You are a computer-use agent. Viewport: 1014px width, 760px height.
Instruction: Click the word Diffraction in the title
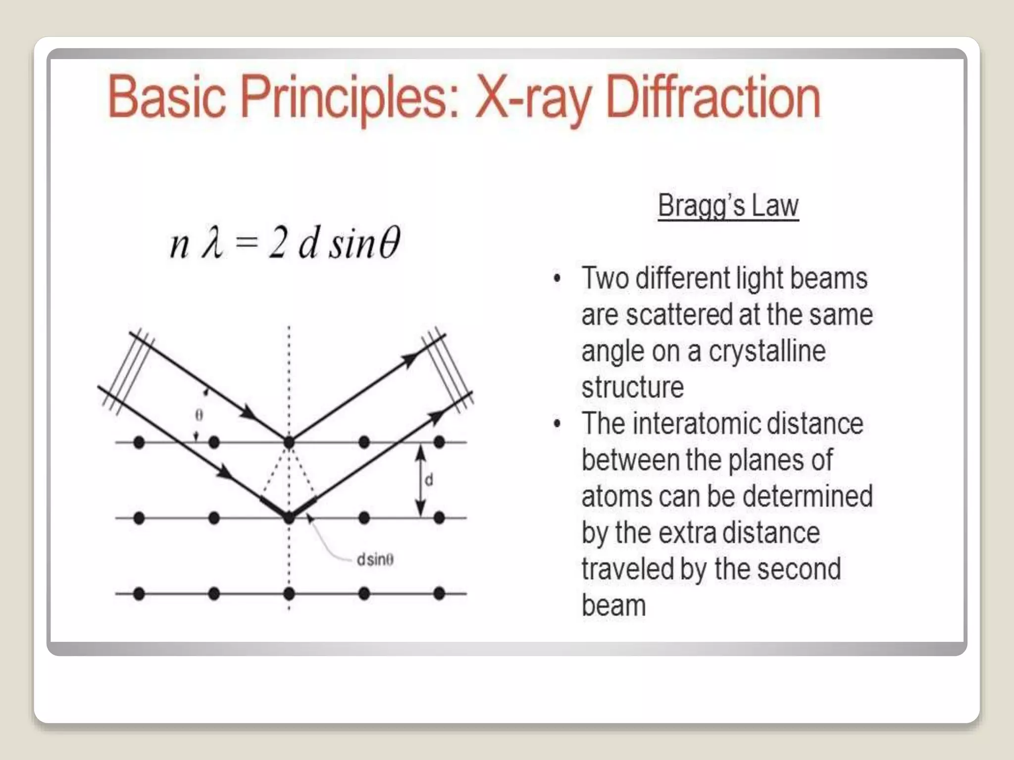tap(713, 97)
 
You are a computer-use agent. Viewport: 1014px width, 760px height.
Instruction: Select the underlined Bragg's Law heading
tap(728, 205)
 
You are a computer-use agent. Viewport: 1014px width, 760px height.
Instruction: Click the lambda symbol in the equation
tap(212, 243)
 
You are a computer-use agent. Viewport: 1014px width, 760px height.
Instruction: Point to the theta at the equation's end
tap(389, 243)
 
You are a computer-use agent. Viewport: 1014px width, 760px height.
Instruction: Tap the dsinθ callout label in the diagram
tap(375, 560)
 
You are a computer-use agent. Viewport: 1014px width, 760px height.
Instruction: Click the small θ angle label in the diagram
tap(199, 415)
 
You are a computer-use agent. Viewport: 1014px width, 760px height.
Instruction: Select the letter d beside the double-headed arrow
tap(429, 479)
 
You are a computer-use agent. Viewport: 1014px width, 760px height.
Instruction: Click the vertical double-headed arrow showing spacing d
tap(420, 480)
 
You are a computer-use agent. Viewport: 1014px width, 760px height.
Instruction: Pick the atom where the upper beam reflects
tap(289, 442)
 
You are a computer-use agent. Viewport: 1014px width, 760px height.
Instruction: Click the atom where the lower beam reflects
tap(289, 518)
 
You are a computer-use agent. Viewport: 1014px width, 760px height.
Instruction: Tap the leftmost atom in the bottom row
tap(139, 593)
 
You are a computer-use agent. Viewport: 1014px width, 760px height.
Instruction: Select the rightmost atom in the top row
tap(439, 442)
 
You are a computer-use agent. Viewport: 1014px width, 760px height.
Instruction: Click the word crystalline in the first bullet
tap(767, 351)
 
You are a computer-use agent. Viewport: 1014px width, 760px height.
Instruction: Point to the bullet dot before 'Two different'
tap(558, 279)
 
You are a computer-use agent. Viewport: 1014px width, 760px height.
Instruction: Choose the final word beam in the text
tap(613, 606)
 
